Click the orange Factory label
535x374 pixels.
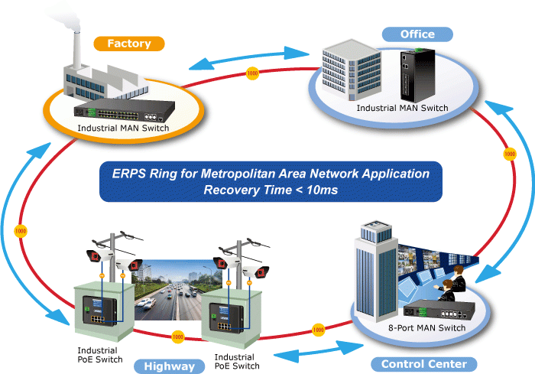128,44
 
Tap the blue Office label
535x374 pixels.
417,34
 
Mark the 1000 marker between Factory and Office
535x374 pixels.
252,74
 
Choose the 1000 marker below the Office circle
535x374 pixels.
509,155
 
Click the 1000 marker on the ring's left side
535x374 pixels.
21,230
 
